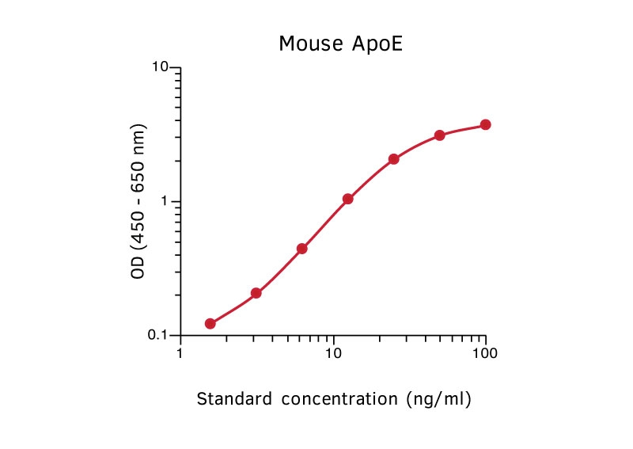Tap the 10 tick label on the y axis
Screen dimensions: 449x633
coord(161,67)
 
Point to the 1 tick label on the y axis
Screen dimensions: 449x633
coord(166,201)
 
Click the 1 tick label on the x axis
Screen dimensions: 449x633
coord(181,353)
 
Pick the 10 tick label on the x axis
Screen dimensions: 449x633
coord(333,353)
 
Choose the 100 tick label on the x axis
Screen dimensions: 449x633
coord(485,353)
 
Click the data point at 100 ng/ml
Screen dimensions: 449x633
coord(485,124)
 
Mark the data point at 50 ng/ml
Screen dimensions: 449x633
coord(439,135)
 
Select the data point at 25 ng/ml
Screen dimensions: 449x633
coord(393,159)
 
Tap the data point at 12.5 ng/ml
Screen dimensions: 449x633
coord(347,199)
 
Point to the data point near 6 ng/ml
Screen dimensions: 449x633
coord(301,249)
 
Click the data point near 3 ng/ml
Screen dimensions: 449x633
coord(256,293)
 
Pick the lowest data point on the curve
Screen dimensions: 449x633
coord(210,323)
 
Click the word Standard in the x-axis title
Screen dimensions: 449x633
coord(232,399)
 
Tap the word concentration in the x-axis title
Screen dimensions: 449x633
coord(335,399)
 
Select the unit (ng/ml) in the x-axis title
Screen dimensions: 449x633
coord(438,399)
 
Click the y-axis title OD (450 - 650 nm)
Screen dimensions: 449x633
coord(140,201)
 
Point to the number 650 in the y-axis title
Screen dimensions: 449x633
coord(140,173)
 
